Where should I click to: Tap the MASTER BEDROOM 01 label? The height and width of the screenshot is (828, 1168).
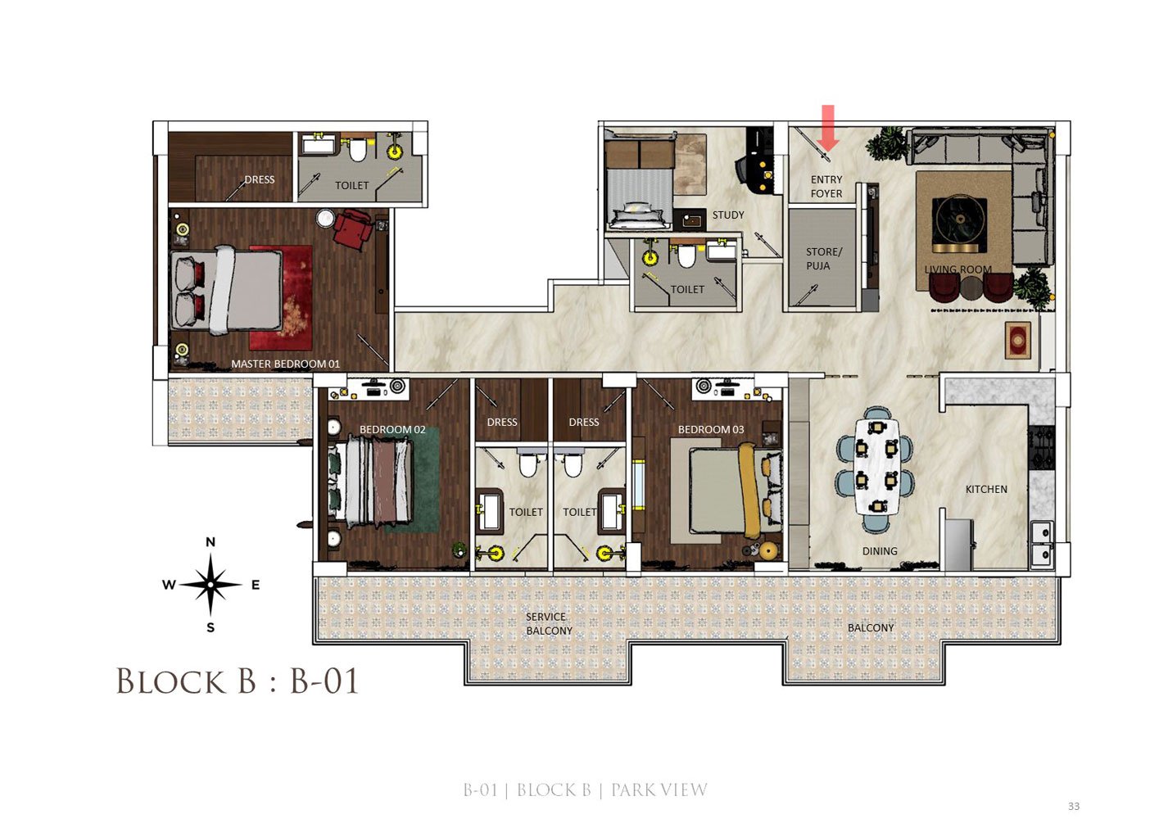pyautogui.click(x=285, y=364)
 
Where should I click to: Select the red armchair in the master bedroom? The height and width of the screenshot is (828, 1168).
pyautogui.click(x=352, y=228)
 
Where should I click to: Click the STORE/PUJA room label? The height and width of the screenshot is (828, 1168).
pyautogui.click(x=823, y=259)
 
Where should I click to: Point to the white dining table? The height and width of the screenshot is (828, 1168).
pyautogui.click(x=877, y=466)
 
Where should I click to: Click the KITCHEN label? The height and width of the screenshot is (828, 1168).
pyautogui.click(x=986, y=489)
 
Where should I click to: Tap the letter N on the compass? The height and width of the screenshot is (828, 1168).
pyautogui.click(x=211, y=541)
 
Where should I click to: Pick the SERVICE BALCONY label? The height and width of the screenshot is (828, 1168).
pyautogui.click(x=549, y=623)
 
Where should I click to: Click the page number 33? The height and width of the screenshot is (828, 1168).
pyautogui.click(x=1074, y=806)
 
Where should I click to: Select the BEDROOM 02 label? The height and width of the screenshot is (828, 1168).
pyautogui.click(x=392, y=430)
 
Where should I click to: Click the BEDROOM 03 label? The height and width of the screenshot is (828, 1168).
pyautogui.click(x=711, y=430)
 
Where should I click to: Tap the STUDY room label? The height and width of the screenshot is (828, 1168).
pyautogui.click(x=728, y=215)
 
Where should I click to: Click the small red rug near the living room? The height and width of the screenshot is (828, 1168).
pyautogui.click(x=1018, y=340)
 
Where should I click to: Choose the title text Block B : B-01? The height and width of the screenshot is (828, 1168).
pyautogui.click(x=238, y=681)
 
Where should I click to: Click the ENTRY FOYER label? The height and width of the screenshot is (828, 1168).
pyautogui.click(x=826, y=187)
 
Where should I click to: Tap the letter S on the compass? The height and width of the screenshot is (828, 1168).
pyautogui.click(x=211, y=628)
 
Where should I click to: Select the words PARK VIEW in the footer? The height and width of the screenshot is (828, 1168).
pyautogui.click(x=659, y=790)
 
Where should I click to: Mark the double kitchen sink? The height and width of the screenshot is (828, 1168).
pyautogui.click(x=1042, y=545)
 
